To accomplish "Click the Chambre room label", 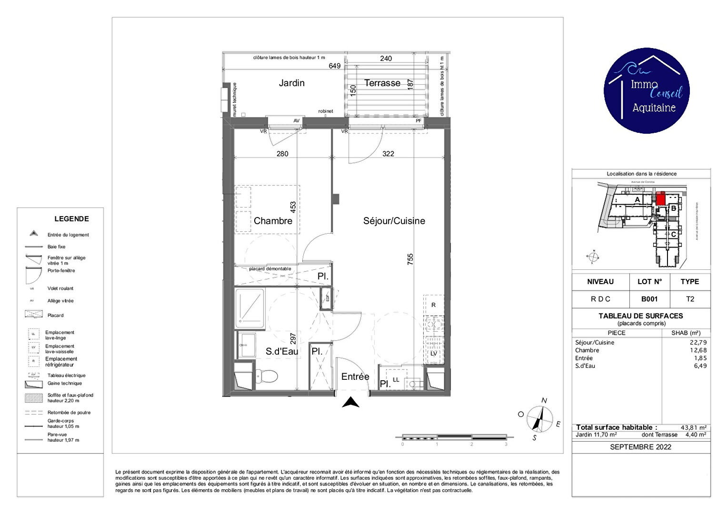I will coord(273,221).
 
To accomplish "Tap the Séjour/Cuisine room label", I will coord(394,221).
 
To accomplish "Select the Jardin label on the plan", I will coord(291,83).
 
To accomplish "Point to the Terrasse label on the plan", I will coord(382,83).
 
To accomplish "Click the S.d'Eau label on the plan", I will coord(282,351).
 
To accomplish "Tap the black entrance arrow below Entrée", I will coord(351,403).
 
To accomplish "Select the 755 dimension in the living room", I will coord(410,259).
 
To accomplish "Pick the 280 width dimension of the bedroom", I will coord(282,154).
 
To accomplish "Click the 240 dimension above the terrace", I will coord(386,59).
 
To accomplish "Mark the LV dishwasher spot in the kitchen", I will coord(433,354).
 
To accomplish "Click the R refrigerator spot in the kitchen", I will coord(433,305).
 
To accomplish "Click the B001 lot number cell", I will coord(649,299).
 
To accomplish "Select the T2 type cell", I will coord(690,299).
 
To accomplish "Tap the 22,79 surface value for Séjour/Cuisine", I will coord(698,342).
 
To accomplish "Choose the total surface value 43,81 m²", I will coord(693,427).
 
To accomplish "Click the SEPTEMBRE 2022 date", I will coord(640,447).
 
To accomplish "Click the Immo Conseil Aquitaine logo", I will coord(647,90).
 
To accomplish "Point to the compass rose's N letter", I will coord(544,400).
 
